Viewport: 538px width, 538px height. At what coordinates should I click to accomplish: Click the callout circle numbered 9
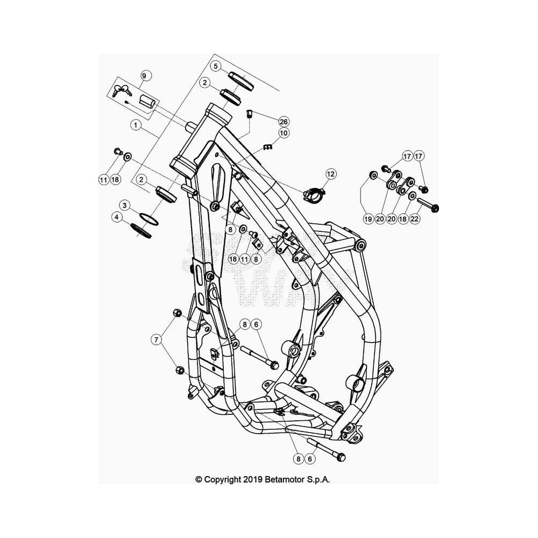144,75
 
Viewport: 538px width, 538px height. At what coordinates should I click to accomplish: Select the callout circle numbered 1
136,125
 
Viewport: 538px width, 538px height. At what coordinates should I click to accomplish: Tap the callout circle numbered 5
216,66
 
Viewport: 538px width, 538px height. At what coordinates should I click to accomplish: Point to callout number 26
284,122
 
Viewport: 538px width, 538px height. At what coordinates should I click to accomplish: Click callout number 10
284,133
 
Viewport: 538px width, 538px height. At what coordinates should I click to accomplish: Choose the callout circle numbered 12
330,174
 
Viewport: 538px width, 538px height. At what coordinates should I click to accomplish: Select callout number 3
125,206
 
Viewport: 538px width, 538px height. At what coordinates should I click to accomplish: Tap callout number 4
117,217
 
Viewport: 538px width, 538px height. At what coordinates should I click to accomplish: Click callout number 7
157,339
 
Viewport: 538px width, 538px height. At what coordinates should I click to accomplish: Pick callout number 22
415,218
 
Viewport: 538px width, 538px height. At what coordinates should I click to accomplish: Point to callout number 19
368,218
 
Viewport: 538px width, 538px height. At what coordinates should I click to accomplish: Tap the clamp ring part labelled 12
314,194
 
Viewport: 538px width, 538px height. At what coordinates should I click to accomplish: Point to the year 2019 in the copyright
253,479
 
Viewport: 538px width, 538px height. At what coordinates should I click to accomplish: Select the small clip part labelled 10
267,147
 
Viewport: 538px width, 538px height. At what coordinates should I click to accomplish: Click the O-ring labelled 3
149,220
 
